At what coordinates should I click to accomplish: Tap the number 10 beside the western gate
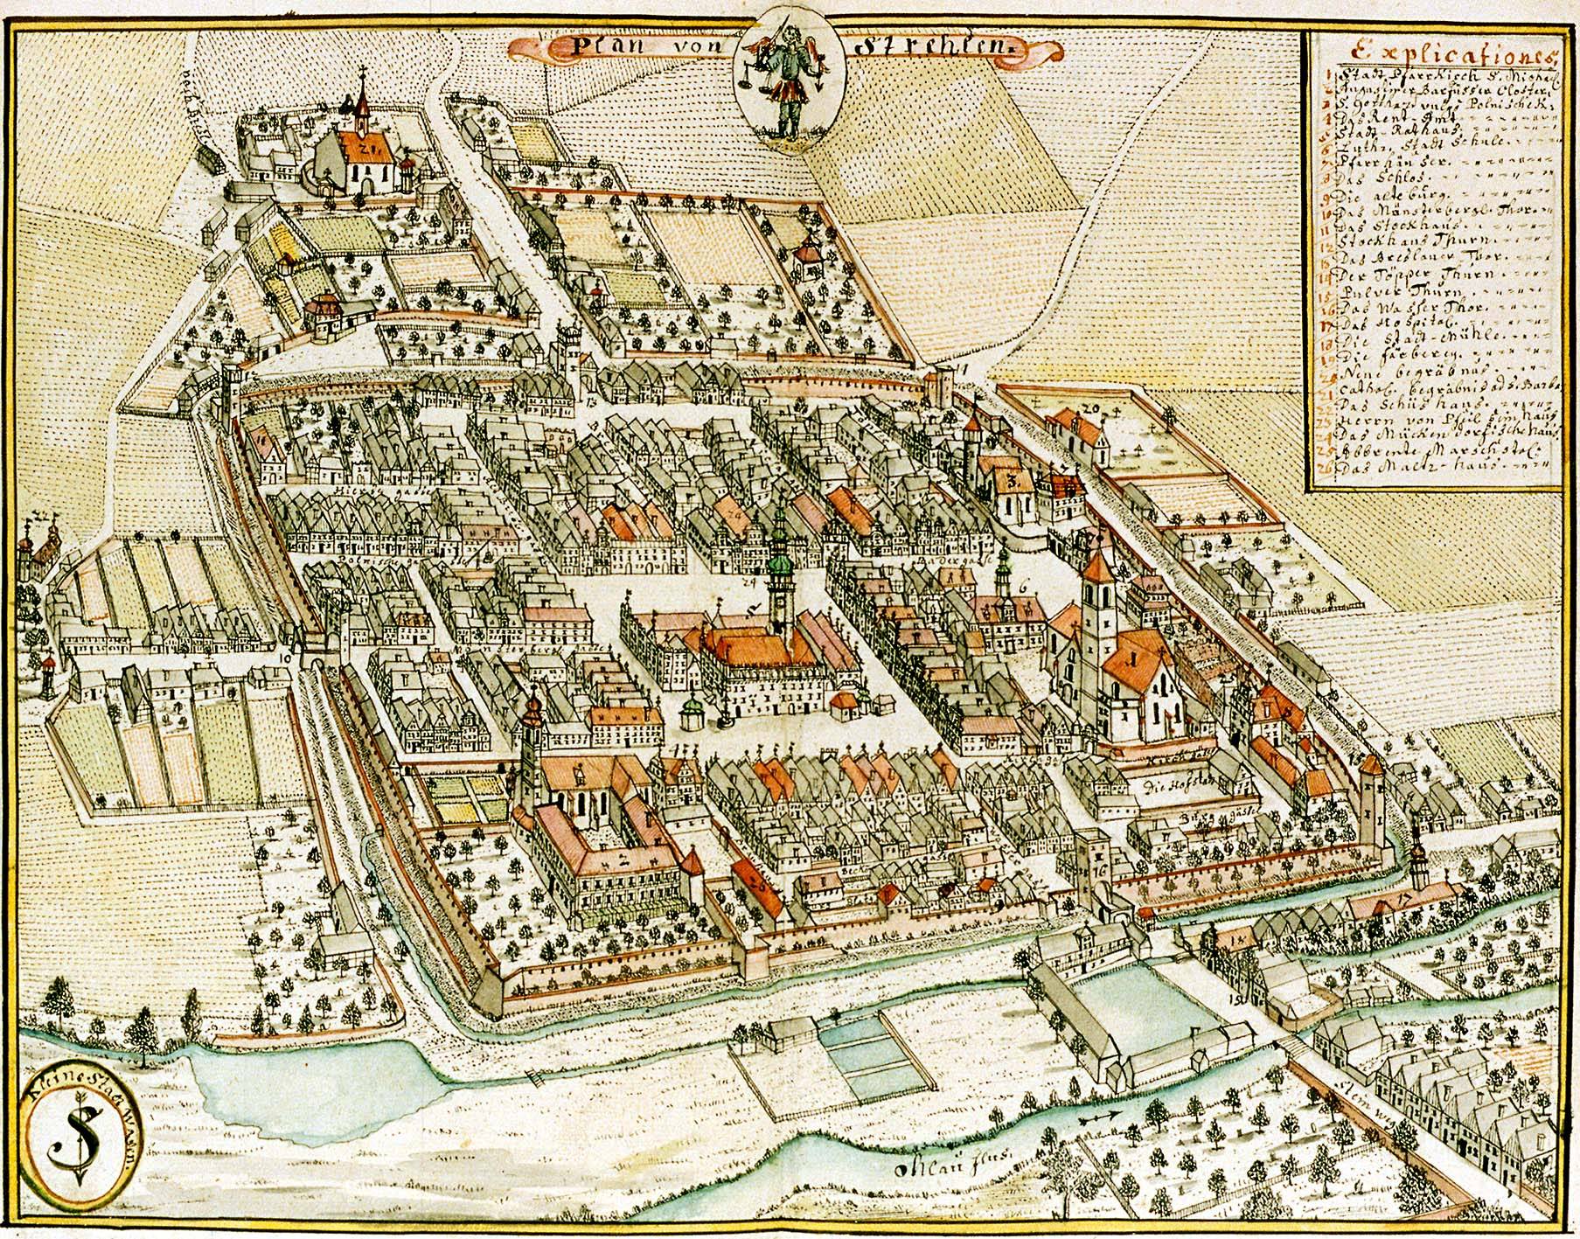pos(283,658)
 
